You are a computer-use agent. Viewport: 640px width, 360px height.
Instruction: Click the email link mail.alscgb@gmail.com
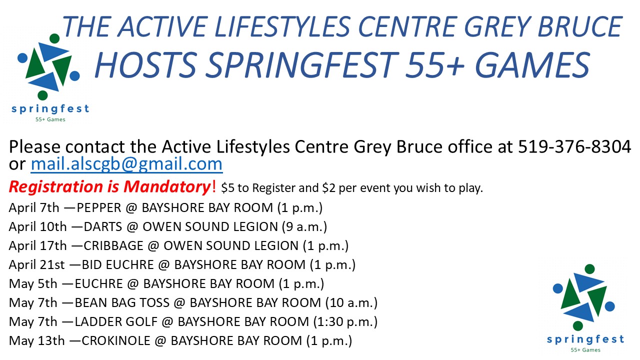click(126, 164)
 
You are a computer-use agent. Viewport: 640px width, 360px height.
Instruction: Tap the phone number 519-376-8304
click(574, 146)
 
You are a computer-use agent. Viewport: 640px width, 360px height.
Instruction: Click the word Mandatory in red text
click(167, 187)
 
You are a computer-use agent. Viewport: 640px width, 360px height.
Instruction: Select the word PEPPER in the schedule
click(99, 207)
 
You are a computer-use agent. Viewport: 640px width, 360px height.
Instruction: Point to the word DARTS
click(103, 227)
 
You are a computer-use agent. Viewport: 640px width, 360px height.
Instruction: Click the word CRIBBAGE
click(113, 245)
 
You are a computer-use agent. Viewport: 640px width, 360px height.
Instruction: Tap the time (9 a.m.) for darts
click(304, 227)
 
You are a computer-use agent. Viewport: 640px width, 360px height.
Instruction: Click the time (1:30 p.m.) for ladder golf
click(345, 321)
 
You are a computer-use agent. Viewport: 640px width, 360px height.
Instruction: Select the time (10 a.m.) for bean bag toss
click(351, 303)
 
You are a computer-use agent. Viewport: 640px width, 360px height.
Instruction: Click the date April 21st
click(37, 265)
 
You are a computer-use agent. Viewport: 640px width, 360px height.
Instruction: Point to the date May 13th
click(37, 341)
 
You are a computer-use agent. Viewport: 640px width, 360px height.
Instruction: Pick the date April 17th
click(37, 245)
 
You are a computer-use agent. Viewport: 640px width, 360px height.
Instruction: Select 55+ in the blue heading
click(435, 64)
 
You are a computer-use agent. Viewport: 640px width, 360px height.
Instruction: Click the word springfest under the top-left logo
click(50, 109)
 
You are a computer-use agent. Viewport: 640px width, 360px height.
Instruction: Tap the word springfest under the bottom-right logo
click(585, 339)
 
